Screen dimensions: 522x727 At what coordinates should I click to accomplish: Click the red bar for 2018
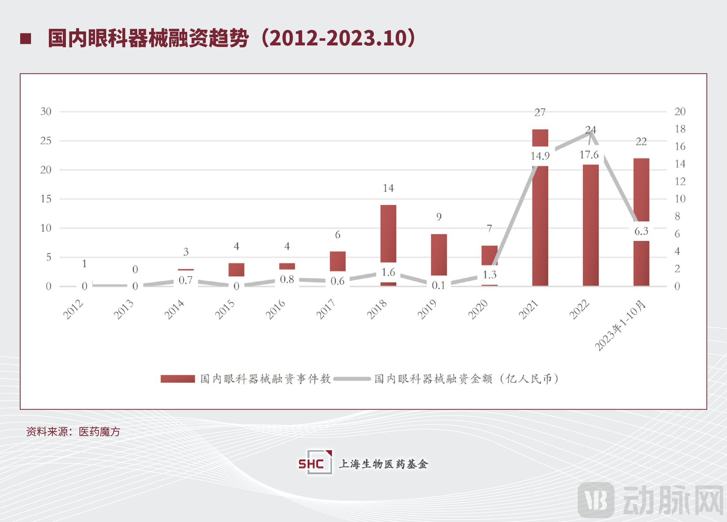click(x=388, y=233)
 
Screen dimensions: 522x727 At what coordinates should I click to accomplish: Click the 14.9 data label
click(x=540, y=156)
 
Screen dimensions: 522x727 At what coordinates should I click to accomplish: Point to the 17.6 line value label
click(x=589, y=155)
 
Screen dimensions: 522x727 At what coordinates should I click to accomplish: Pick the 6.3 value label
click(x=641, y=231)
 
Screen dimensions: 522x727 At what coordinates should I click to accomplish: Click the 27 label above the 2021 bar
click(x=540, y=113)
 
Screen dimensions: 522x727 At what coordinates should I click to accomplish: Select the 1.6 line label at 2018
click(x=388, y=272)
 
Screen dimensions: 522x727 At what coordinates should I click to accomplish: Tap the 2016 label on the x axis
click(x=275, y=309)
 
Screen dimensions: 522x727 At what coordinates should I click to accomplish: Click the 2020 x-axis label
click(x=478, y=309)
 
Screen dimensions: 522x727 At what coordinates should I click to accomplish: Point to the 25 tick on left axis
click(x=46, y=141)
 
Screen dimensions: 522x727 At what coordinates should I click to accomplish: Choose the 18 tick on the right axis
click(x=680, y=129)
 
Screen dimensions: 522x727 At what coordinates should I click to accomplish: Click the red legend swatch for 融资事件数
click(x=178, y=379)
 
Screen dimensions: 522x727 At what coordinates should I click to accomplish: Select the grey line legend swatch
click(x=352, y=379)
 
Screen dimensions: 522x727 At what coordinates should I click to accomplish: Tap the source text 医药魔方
click(x=99, y=432)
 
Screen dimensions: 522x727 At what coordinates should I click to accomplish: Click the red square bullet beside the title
click(x=26, y=38)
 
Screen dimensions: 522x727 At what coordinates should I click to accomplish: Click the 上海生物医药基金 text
click(x=383, y=464)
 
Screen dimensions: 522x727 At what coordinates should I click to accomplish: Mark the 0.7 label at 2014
click(x=186, y=280)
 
